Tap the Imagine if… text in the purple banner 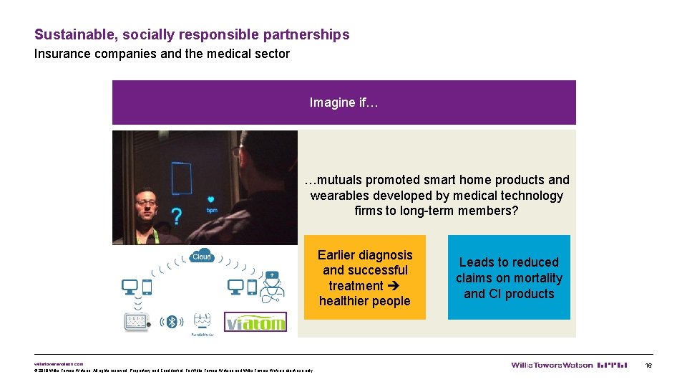coord(343,102)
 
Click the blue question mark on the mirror coord(175,216)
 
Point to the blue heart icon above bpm coord(211,200)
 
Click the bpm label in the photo coord(211,210)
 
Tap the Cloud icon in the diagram coord(202,257)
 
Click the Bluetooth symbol coord(171,322)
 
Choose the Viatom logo coord(255,322)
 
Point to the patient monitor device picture coord(135,322)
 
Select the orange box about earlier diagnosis coord(365,277)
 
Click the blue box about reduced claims coord(509,277)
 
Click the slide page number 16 coord(648,365)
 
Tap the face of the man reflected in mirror coord(146,204)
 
